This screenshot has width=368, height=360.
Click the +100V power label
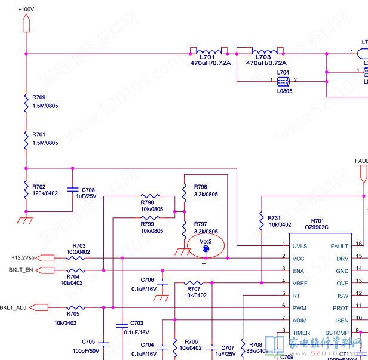tap(26, 10)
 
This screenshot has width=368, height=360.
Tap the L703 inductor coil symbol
tap(259, 50)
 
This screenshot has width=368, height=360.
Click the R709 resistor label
tap(39, 97)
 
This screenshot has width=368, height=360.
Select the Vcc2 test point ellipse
tap(205, 246)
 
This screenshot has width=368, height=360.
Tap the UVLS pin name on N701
tap(300, 245)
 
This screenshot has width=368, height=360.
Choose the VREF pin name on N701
tap(300, 283)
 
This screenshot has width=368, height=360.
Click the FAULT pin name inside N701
tap(339, 245)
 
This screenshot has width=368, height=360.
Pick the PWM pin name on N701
tap(299, 308)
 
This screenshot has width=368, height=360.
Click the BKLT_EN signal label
tap(21, 270)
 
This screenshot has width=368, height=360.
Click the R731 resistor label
tap(275, 218)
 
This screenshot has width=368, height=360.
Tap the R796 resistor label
tap(201, 187)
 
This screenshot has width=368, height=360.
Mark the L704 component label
tap(283, 72)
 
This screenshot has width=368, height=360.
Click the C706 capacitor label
tap(147, 279)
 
